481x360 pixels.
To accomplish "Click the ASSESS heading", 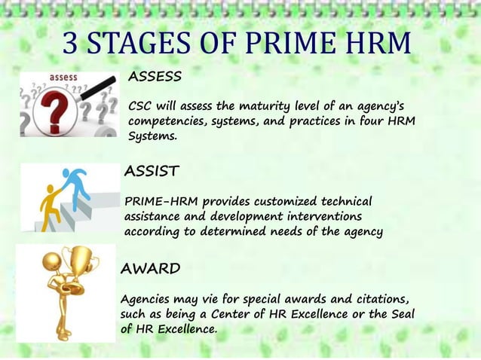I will [x=155, y=77].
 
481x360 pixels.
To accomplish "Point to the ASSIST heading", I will [x=152, y=172].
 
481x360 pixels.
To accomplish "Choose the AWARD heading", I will [x=150, y=268].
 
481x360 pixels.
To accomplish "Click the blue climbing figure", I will [x=75, y=184].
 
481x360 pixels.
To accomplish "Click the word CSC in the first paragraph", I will [x=142, y=105].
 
